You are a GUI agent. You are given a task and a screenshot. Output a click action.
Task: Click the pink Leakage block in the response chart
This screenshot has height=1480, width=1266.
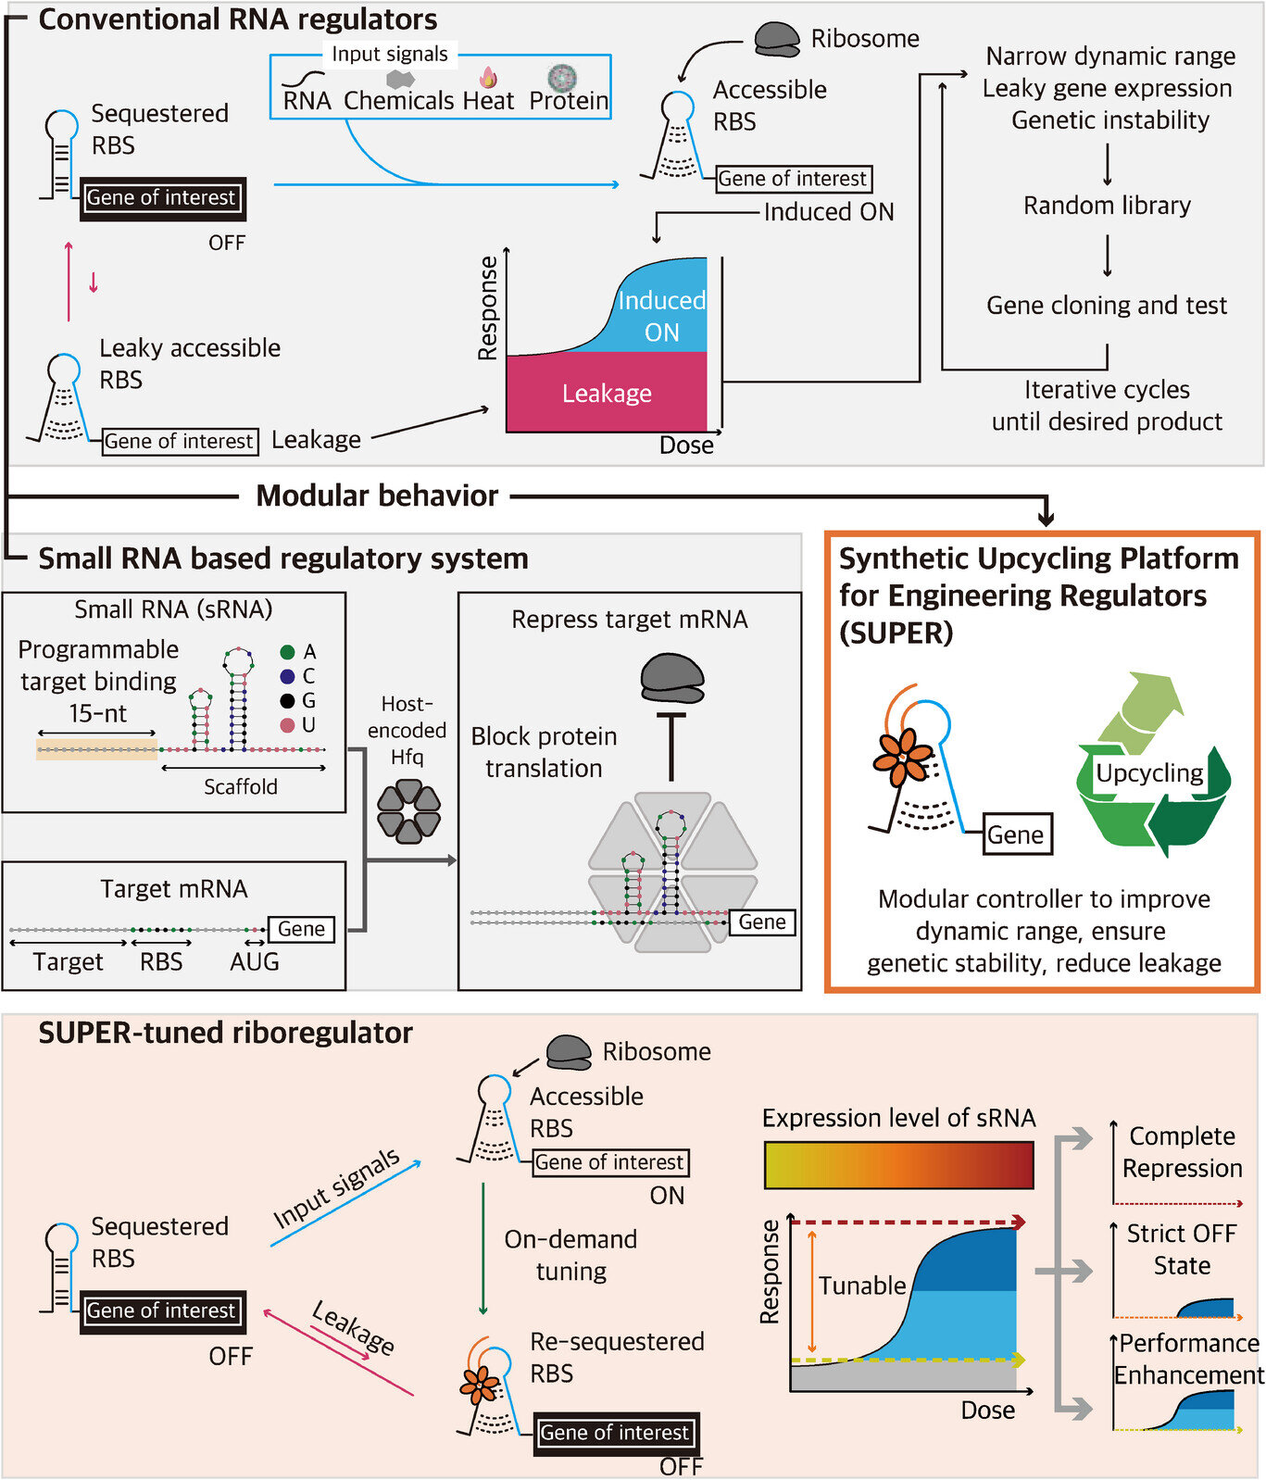(607, 393)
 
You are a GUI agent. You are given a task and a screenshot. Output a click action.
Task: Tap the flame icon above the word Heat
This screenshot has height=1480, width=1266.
(488, 77)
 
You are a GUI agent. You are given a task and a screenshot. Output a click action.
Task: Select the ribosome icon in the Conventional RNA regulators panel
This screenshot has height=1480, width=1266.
(776, 39)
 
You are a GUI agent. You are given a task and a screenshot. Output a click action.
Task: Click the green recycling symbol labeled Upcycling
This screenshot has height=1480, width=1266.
(1152, 769)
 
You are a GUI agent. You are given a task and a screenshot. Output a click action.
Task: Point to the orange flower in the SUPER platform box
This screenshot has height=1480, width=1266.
(901, 757)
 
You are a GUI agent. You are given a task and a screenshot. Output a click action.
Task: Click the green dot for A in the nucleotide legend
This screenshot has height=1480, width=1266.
(287, 652)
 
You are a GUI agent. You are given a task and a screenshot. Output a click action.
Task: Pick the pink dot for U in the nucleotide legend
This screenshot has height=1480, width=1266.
(287, 724)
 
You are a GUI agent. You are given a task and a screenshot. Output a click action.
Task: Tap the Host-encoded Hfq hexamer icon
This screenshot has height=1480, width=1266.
(408, 812)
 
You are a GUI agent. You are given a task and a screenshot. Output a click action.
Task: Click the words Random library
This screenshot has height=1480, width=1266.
(1107, 206)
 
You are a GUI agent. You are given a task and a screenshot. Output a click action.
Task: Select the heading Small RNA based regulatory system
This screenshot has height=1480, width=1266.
(282, 558)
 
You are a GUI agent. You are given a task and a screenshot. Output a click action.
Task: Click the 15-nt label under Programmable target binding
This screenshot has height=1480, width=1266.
(97, 713)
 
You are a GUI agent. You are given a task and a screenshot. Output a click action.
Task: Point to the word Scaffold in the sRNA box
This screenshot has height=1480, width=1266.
(241, 786)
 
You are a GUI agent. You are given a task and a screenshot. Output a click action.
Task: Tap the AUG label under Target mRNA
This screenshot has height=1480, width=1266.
(254, 961)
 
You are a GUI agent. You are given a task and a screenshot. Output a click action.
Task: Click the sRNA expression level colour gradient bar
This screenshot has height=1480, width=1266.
(898, 1165)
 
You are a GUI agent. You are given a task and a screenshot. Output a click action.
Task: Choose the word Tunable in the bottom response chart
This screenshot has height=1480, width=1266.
(861, 1286)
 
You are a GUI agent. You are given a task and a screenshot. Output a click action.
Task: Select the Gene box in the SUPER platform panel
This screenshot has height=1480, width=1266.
(1016, 834)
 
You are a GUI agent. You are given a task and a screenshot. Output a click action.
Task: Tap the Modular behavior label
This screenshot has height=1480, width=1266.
(377, 495)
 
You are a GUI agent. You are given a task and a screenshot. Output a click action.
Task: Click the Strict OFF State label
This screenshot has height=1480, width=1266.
(1182, 1249)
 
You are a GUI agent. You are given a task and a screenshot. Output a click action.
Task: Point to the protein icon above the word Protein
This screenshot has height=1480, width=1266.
(562, 77)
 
